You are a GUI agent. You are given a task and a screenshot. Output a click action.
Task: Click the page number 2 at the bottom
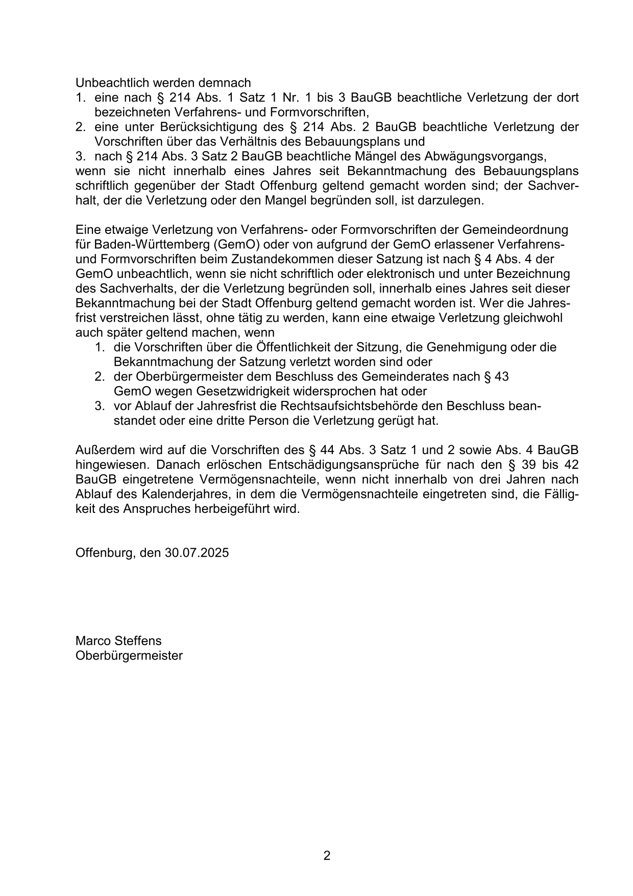pyautogui.click(x=327, y=856)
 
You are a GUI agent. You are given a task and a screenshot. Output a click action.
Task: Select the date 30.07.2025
pyautogui.click(x=197, y=553)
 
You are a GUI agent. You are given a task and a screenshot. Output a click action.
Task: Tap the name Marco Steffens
pyautogui.click(x=118, y=641)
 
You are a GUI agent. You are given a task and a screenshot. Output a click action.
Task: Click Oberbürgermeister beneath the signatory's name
pyautogui.click(x=129, y=655)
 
